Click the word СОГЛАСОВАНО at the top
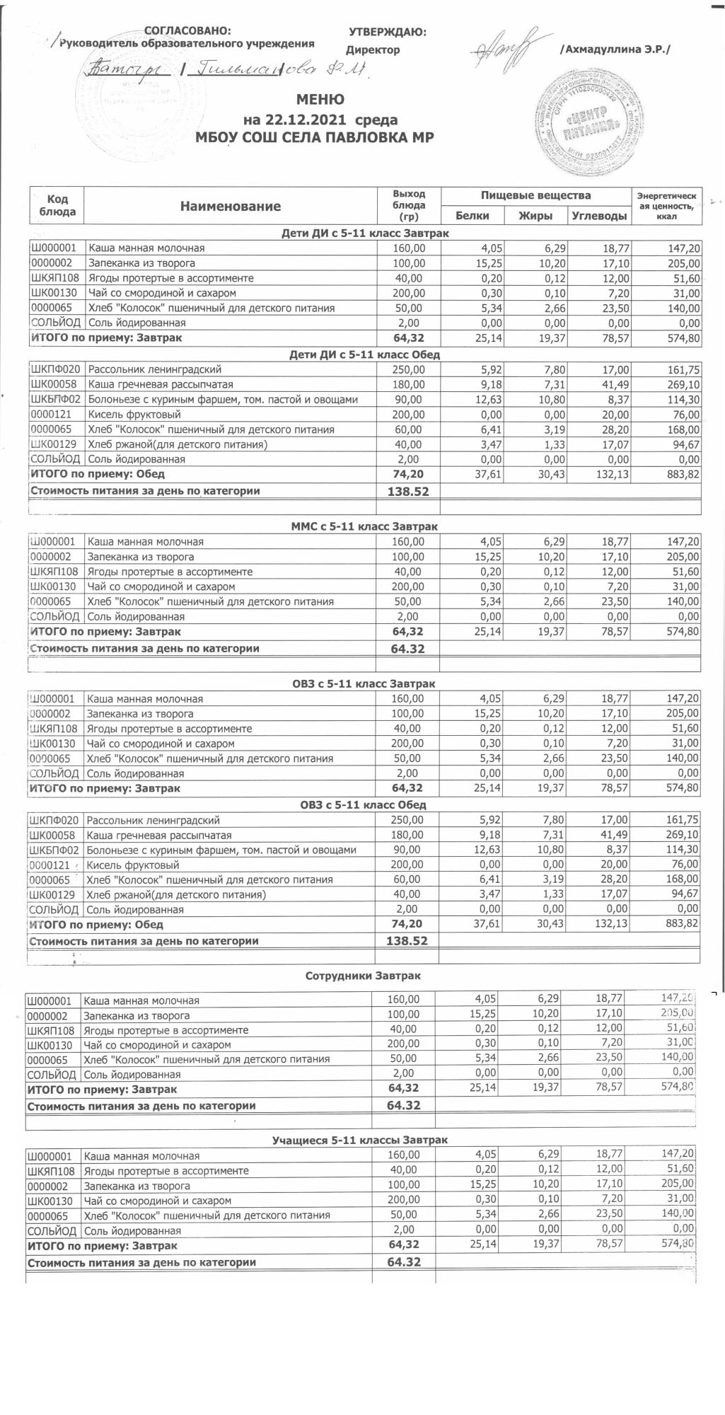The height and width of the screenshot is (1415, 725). tap(187, 30)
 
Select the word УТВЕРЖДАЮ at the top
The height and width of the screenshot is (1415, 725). tap(387, 32)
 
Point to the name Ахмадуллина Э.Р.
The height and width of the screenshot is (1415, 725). tap(614, 50)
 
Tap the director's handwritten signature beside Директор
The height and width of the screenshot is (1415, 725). tap(504, 47)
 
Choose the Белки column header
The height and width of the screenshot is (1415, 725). tap(472, 215)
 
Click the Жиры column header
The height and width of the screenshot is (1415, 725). tap(535, 215)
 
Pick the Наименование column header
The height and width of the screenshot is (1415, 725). tap(230, 206)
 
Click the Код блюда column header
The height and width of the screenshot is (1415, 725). tap(57, 206)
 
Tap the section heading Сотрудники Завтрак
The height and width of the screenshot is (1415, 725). tap(363, 976)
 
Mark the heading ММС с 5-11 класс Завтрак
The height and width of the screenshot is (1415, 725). tap(364, 526)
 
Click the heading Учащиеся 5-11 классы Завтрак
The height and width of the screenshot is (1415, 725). tap(359, 1140)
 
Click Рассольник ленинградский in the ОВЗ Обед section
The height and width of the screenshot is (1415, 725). tap(153, 820)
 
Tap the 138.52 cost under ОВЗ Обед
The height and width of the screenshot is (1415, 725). tap(407, 941)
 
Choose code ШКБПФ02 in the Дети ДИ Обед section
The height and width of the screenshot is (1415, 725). tap(57, 400)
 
